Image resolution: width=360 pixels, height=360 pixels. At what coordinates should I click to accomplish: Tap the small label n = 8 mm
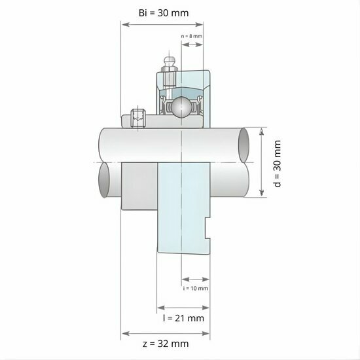(x=192, y=36)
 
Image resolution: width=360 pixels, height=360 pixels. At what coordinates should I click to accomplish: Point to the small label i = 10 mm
(x=196, y=288)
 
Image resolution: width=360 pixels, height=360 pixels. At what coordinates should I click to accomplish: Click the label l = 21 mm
(x=183, y=318)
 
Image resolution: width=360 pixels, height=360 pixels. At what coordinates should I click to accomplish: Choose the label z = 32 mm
(x=166, y=343)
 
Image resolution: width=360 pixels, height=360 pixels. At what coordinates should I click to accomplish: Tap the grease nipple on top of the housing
(x=169, y=65)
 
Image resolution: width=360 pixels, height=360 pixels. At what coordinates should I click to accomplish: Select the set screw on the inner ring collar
(x=137, y=118)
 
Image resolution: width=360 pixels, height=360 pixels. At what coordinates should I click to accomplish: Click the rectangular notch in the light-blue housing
(x=208, y=228)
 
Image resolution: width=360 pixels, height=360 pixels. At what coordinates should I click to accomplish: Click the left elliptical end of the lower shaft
(x=105, y=179)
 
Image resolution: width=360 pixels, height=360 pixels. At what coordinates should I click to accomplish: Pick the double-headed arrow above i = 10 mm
(x=196, y=279)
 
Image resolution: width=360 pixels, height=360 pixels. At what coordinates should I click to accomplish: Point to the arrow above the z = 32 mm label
(x=166, y=332)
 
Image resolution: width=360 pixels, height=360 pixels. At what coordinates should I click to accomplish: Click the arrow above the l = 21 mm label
(x=183, y=306)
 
